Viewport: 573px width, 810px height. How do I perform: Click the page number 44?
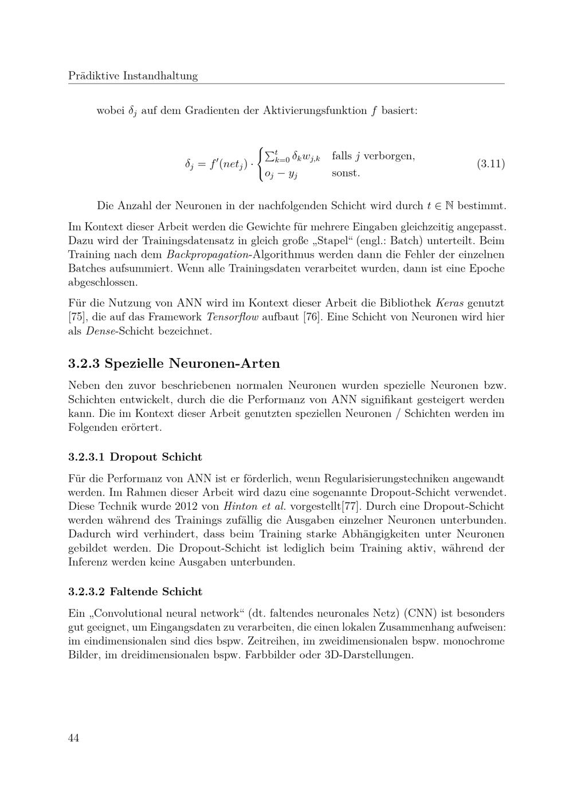(73, 738)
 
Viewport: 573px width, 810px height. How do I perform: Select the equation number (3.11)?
(490, 164)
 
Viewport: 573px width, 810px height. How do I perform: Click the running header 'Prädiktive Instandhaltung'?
(133, 76)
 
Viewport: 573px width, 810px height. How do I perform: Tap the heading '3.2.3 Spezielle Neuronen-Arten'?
(174, 363)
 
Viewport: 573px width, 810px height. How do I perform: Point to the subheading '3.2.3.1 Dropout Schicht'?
(135, 457)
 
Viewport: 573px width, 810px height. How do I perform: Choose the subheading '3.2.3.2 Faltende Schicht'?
(135, 591)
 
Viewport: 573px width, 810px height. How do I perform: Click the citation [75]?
(76, 317)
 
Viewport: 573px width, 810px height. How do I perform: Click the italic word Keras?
(450, 303)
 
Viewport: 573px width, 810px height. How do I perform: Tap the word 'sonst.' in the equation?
(346, 172)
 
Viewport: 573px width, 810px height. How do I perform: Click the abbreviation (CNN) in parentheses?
(422, 612)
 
